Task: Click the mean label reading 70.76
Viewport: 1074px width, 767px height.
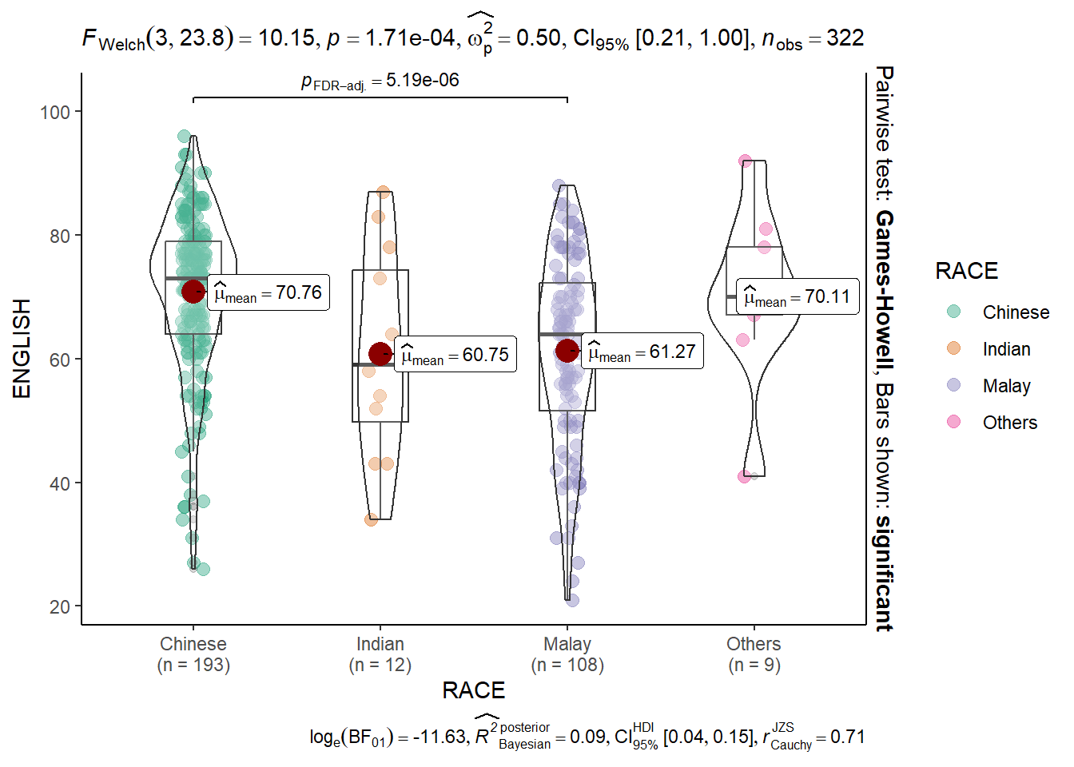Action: [268, 293]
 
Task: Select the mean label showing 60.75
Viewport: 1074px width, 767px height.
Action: [455, 355]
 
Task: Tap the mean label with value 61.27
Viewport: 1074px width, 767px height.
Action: [642, 352]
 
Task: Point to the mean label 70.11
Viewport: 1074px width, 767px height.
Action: [798, 297]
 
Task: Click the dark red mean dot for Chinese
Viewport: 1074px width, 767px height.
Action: [193, 292]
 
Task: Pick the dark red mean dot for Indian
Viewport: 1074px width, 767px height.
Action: [380, 354]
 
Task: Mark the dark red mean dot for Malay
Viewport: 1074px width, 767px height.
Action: [567, 350]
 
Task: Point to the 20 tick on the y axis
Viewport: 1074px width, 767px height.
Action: [60, 607]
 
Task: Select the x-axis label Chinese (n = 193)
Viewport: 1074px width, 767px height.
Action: [193, 654]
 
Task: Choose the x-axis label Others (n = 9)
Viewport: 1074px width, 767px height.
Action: [754, 654]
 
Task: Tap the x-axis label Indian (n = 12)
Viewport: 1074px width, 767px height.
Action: [380, 654]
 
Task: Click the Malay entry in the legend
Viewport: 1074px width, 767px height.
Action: [1006, 386]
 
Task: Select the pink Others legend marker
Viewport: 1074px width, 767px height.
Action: [953, 422]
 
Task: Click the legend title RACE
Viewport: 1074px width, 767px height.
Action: [966, 272]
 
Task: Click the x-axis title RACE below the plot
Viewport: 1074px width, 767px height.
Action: [474, 690]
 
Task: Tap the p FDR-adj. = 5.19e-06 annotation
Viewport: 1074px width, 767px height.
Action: [380, 81]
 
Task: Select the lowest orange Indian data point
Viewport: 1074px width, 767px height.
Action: [371, 520]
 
